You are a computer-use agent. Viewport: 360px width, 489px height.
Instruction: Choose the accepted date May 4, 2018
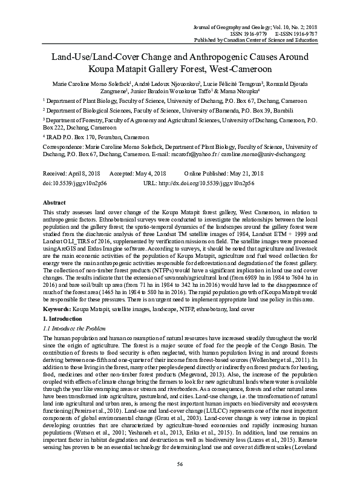tap(151, 172)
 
